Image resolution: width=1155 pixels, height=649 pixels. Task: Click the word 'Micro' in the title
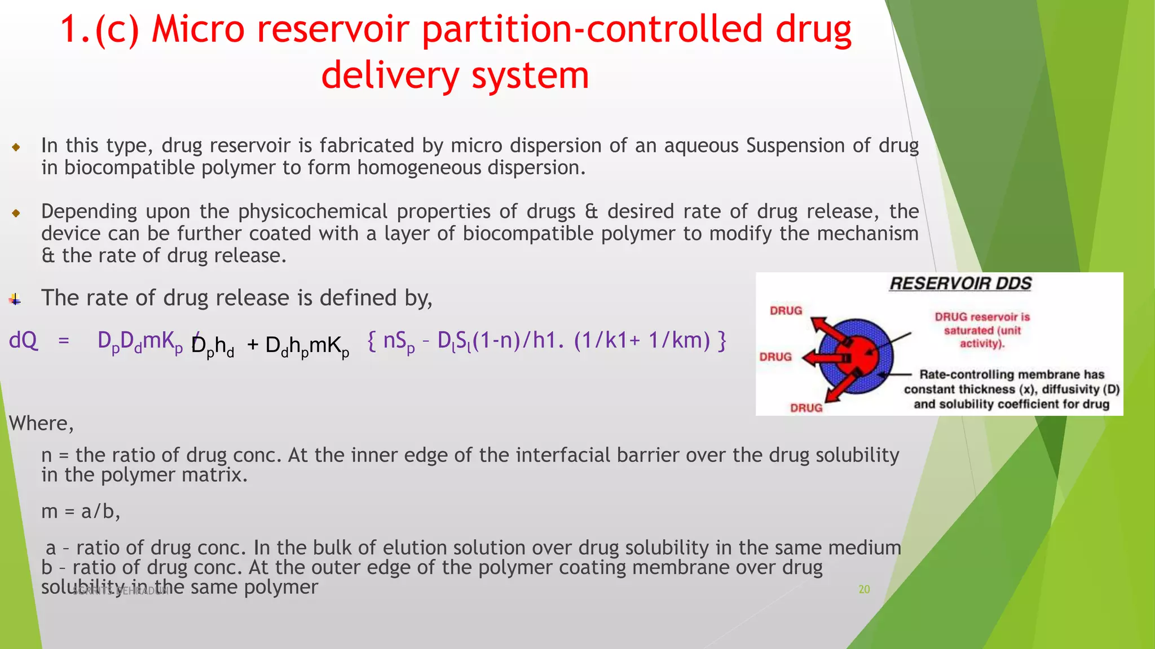click(198, 29)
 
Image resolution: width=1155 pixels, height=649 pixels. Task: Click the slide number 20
click(864, 589)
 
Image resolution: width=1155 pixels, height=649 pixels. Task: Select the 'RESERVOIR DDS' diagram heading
click(960, 284)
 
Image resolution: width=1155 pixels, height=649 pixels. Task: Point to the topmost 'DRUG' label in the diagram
click(786, 311)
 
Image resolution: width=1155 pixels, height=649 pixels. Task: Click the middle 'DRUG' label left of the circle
click(775, 357)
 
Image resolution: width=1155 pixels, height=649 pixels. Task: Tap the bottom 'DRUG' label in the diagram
click(806, 408)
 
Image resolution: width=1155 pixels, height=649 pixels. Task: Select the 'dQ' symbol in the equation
click(24, 341)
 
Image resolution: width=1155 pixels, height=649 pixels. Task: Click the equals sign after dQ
click(64, 341)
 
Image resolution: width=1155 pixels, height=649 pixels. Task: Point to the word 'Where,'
click(41, 423)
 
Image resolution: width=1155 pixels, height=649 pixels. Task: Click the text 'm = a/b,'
click(81, 512)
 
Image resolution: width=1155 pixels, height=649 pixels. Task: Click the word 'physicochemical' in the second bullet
click(312, 212)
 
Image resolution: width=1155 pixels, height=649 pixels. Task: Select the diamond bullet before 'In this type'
click(16, 148)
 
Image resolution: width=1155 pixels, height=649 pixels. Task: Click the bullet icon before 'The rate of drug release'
click(15, 300)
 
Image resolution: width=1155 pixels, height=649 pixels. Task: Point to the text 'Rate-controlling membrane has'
click(1011, 375)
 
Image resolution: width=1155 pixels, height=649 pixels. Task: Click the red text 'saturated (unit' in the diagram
click(982, 331)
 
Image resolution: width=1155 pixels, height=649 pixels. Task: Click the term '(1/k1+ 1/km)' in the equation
click(642, 341)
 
